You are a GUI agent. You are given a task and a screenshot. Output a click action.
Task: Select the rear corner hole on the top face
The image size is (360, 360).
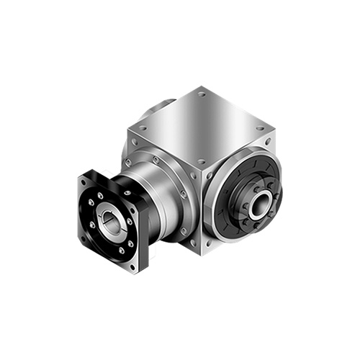[202, 94]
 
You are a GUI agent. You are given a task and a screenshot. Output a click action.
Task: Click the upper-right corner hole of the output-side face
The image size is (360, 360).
[268, 142]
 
